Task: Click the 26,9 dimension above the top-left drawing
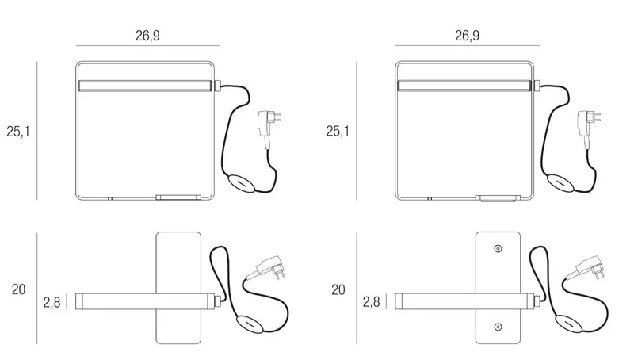pos(147,36)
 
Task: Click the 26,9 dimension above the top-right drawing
pos(467,36)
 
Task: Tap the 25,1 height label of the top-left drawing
pos(18,132)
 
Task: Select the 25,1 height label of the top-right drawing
pos(338,131)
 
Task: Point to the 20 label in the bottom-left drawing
pos(18,289)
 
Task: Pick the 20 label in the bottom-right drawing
pos(338,289)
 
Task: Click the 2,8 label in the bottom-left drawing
pos(52,302)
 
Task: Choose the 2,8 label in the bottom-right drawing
pos(371,302)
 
